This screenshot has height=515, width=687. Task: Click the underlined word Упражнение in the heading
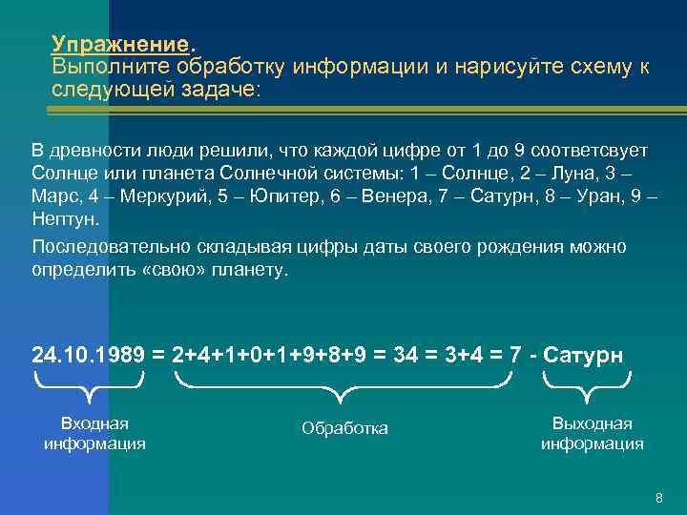(121, 45)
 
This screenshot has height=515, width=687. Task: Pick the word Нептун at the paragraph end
(62, 218)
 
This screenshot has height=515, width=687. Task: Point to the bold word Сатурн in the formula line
(582, 355)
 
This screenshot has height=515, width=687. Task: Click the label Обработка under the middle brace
(344, 428)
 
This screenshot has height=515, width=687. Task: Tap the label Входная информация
(94, 433)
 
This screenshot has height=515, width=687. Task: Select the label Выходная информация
(592, 433)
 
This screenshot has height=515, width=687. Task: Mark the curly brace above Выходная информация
(585, 386)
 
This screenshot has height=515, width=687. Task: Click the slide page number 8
(658, 499)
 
